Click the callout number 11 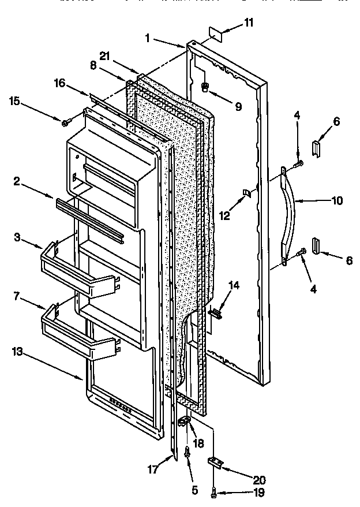tap(248, 23)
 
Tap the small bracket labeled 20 tap(216, 461)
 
